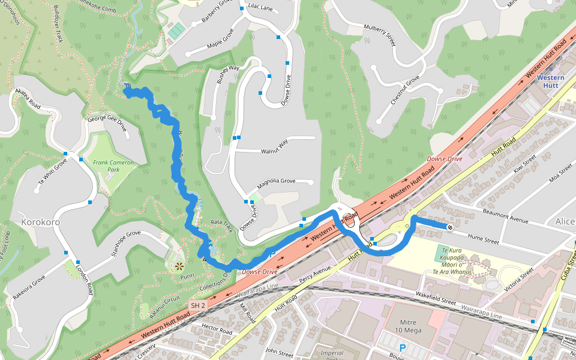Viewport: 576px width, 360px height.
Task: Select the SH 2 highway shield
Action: [x=198, y=306]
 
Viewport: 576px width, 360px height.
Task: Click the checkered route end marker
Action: [x=449, y=227]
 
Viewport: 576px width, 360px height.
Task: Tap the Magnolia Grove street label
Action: [x=277, y=181]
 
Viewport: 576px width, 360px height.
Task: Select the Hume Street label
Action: [x=483, y=241]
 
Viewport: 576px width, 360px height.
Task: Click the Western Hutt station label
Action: [x=550, y=82]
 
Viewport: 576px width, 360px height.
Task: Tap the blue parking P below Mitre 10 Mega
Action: [x=403, y=347]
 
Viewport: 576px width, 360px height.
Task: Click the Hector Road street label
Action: [x=217, y=329]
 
